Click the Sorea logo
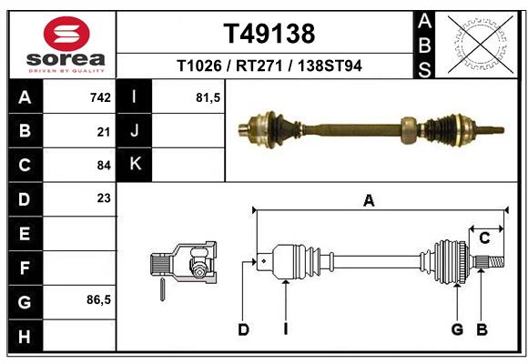[x=66, y=45]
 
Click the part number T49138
[x=269, y=35]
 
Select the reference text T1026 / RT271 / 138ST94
[x=269, y=66]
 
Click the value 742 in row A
[x=100, y=97]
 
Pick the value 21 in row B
[x=103, y=131]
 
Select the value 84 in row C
[x=103, y=166]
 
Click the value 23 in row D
[x=103, y=198]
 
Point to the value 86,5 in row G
[x=98, y=300]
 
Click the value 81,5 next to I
[x=208, y=97]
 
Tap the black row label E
[x=25, y=234]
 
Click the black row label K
[x=135, y=165]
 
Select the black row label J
[x=135, y=131]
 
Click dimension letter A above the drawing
[x=369, y=201]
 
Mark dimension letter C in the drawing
[x=485, y=238]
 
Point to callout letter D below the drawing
[x=243, y=329]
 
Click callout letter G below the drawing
[x=457, y=329]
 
